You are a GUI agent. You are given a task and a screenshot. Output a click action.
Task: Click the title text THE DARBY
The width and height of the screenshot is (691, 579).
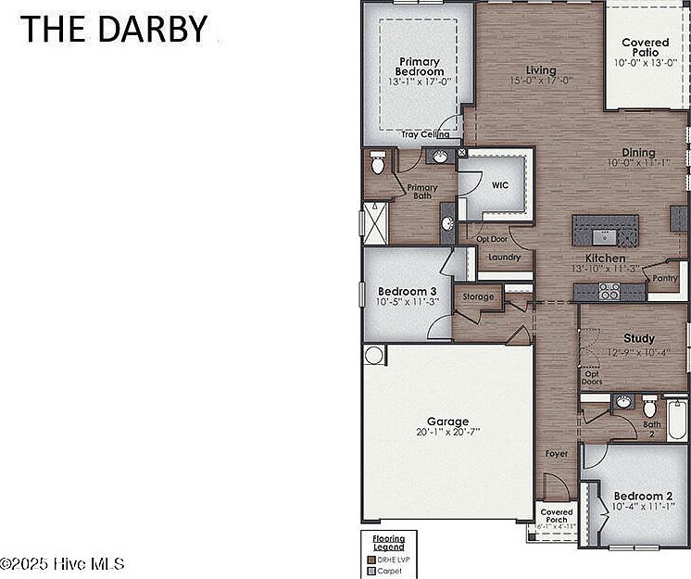tap(115, 30)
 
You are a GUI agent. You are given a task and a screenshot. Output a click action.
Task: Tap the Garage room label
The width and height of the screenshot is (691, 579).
tap(447, 422)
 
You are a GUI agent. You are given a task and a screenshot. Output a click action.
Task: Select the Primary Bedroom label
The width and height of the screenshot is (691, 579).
tap(419, 67)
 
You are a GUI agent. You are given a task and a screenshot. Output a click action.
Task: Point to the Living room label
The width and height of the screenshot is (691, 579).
tap(541, 70)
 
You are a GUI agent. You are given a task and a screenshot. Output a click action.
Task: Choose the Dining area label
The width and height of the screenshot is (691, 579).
tap(638, 153)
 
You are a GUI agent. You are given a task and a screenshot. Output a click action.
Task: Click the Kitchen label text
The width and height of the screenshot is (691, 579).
tap(605, 258)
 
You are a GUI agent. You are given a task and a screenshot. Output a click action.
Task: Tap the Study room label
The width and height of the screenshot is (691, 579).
tap(638, 339)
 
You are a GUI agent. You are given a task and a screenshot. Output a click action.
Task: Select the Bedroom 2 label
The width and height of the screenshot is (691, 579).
tap(638, 496)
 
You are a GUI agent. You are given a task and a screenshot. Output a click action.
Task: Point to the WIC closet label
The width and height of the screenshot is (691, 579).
tap(500, 185)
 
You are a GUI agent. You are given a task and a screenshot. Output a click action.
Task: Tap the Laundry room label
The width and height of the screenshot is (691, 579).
tap(505, 258)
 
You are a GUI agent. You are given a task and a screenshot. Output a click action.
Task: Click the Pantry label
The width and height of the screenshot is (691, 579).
tap(665, 278)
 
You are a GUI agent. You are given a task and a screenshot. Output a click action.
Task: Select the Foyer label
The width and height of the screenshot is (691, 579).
tap(557, 454)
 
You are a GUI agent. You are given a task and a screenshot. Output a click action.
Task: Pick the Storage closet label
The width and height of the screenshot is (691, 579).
tap(478, 297)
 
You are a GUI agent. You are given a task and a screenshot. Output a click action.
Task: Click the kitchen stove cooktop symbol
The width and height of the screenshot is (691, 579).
tap(609, 292)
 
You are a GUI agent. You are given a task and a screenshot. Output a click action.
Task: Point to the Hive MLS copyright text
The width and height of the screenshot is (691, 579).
tap(63, 563)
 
